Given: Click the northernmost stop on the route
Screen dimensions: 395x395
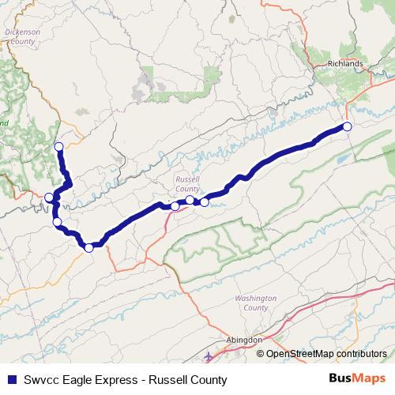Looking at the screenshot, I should point(58,147).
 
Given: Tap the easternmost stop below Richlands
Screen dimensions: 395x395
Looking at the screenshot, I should point(347,126).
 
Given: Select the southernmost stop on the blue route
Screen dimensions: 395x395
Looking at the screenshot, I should point(89,248).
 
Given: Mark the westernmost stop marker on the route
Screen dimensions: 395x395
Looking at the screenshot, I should point(49,197).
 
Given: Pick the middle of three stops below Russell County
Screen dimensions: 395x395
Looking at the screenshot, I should point(190,201).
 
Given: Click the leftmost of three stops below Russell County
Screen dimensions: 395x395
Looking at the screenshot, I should point(175,206).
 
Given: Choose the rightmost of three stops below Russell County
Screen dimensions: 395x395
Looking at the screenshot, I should point(205,202).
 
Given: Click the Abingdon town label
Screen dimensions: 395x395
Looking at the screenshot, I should point(244,339).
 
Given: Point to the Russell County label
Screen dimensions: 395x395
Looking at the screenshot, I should point(188,184).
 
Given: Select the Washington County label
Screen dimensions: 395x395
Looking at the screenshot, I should point(255,303).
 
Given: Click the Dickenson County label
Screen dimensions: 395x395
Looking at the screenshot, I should point(21,37).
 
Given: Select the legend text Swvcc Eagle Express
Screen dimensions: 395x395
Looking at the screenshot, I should point(73,380).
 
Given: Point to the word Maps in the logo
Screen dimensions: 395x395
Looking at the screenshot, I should point(371,379).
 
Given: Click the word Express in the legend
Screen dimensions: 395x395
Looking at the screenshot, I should point(110,380).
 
